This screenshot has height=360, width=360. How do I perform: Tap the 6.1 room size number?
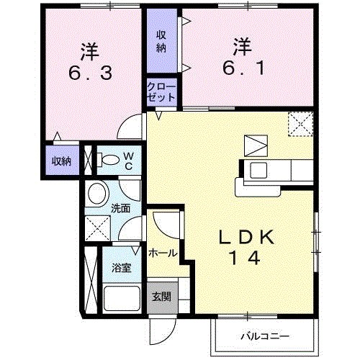point(240,67)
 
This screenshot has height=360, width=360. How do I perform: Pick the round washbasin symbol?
point(97,194)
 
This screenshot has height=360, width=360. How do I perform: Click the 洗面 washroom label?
point(120,209)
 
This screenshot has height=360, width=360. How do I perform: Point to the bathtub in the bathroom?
point(122,297)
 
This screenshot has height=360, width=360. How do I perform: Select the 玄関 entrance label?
point(161,297)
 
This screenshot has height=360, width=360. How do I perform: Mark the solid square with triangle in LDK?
point(254,145)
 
